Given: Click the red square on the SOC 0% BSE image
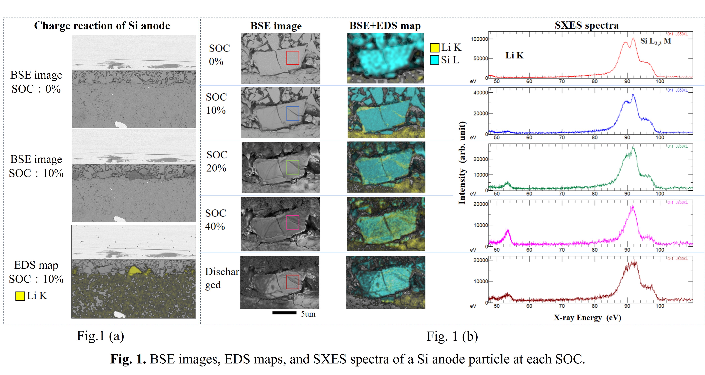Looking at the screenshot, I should pyautogui.click(x=293, y=58).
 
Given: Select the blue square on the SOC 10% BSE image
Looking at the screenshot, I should pyautogui.click(x=293, y=113).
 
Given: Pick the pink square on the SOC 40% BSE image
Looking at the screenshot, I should pyautogui.click(x=293, y=222).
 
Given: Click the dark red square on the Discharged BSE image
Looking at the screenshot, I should pyautogui.click(x=293, y=282).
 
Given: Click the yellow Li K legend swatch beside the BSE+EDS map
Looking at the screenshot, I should pyautogui.click(x=434, y=48).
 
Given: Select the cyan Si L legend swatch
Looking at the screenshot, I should pyautogui.click(x=434, y=60).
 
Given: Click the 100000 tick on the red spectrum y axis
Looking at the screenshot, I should pyautogui.click(x=479, y=39).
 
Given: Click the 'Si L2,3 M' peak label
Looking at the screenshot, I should pyautogui.click(x=655, y=41).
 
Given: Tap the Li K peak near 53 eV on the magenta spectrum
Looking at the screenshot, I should pyautogui.click(x=508, y=231).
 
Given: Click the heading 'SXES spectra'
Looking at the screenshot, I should pyautogui.click(x=586, y=25).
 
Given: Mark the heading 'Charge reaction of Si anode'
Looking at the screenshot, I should pyautogui.click(x=102, y=26).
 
